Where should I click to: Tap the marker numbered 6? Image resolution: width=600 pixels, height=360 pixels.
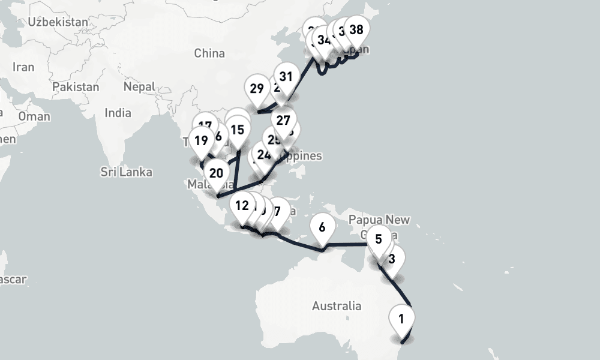pyautogui.click(x=322, y=227)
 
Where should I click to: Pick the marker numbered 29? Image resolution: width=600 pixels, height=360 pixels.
pyautogui.click(x=257, y=89)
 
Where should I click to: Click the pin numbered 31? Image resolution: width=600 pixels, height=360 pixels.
pyautogui.click(x=286, y=77)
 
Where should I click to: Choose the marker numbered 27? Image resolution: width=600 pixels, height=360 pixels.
pyautogui.click(x=283, y=119)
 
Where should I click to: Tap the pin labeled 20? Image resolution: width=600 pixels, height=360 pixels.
pyautogui.click(x=217, y=173)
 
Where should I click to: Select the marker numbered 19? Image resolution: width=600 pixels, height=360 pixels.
pyautogui.click(x=201, y=141)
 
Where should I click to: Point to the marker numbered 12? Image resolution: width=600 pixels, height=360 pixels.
pyautogui.click(x=242, y=206)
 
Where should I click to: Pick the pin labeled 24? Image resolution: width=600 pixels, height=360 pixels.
pyautogui.click(x=264, y=155)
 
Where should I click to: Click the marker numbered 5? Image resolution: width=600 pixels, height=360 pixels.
pyautogui.click(x=378, y=239)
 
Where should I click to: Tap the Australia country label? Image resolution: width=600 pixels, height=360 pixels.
pyautogui.click(x=337, y=306)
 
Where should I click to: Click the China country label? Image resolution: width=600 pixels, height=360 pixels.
pyautogui.click(x=209, y=53)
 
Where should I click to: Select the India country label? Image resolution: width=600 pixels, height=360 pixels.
pyautogui.click(x=118, y=113)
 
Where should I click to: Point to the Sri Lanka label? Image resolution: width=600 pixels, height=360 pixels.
pyautogui.click(x=126, y=172)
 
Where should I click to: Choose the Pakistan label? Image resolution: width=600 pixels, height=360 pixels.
pyautogui.click(x=76, y=87)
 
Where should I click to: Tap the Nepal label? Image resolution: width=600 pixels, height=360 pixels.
pyautogui.click(x=139, y=87)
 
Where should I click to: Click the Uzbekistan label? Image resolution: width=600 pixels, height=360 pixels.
pyautogui.click(x=58, y=22)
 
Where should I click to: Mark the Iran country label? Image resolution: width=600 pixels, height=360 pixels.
pyautogui.click(x=23, y=67)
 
